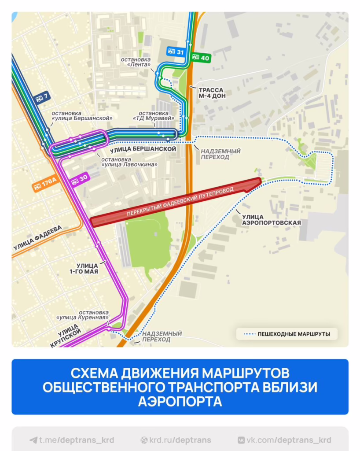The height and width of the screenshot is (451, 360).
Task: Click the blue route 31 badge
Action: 176,52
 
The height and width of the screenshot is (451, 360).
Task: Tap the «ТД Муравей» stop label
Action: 154,115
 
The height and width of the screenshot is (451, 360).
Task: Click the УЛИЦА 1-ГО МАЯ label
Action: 87,268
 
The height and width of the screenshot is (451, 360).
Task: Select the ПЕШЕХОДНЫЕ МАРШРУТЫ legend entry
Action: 287,334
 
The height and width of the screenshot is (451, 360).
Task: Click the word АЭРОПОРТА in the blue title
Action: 180,401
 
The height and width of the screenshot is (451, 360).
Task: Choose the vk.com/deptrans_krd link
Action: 284,440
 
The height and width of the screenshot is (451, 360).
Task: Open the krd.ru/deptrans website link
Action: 176,440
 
